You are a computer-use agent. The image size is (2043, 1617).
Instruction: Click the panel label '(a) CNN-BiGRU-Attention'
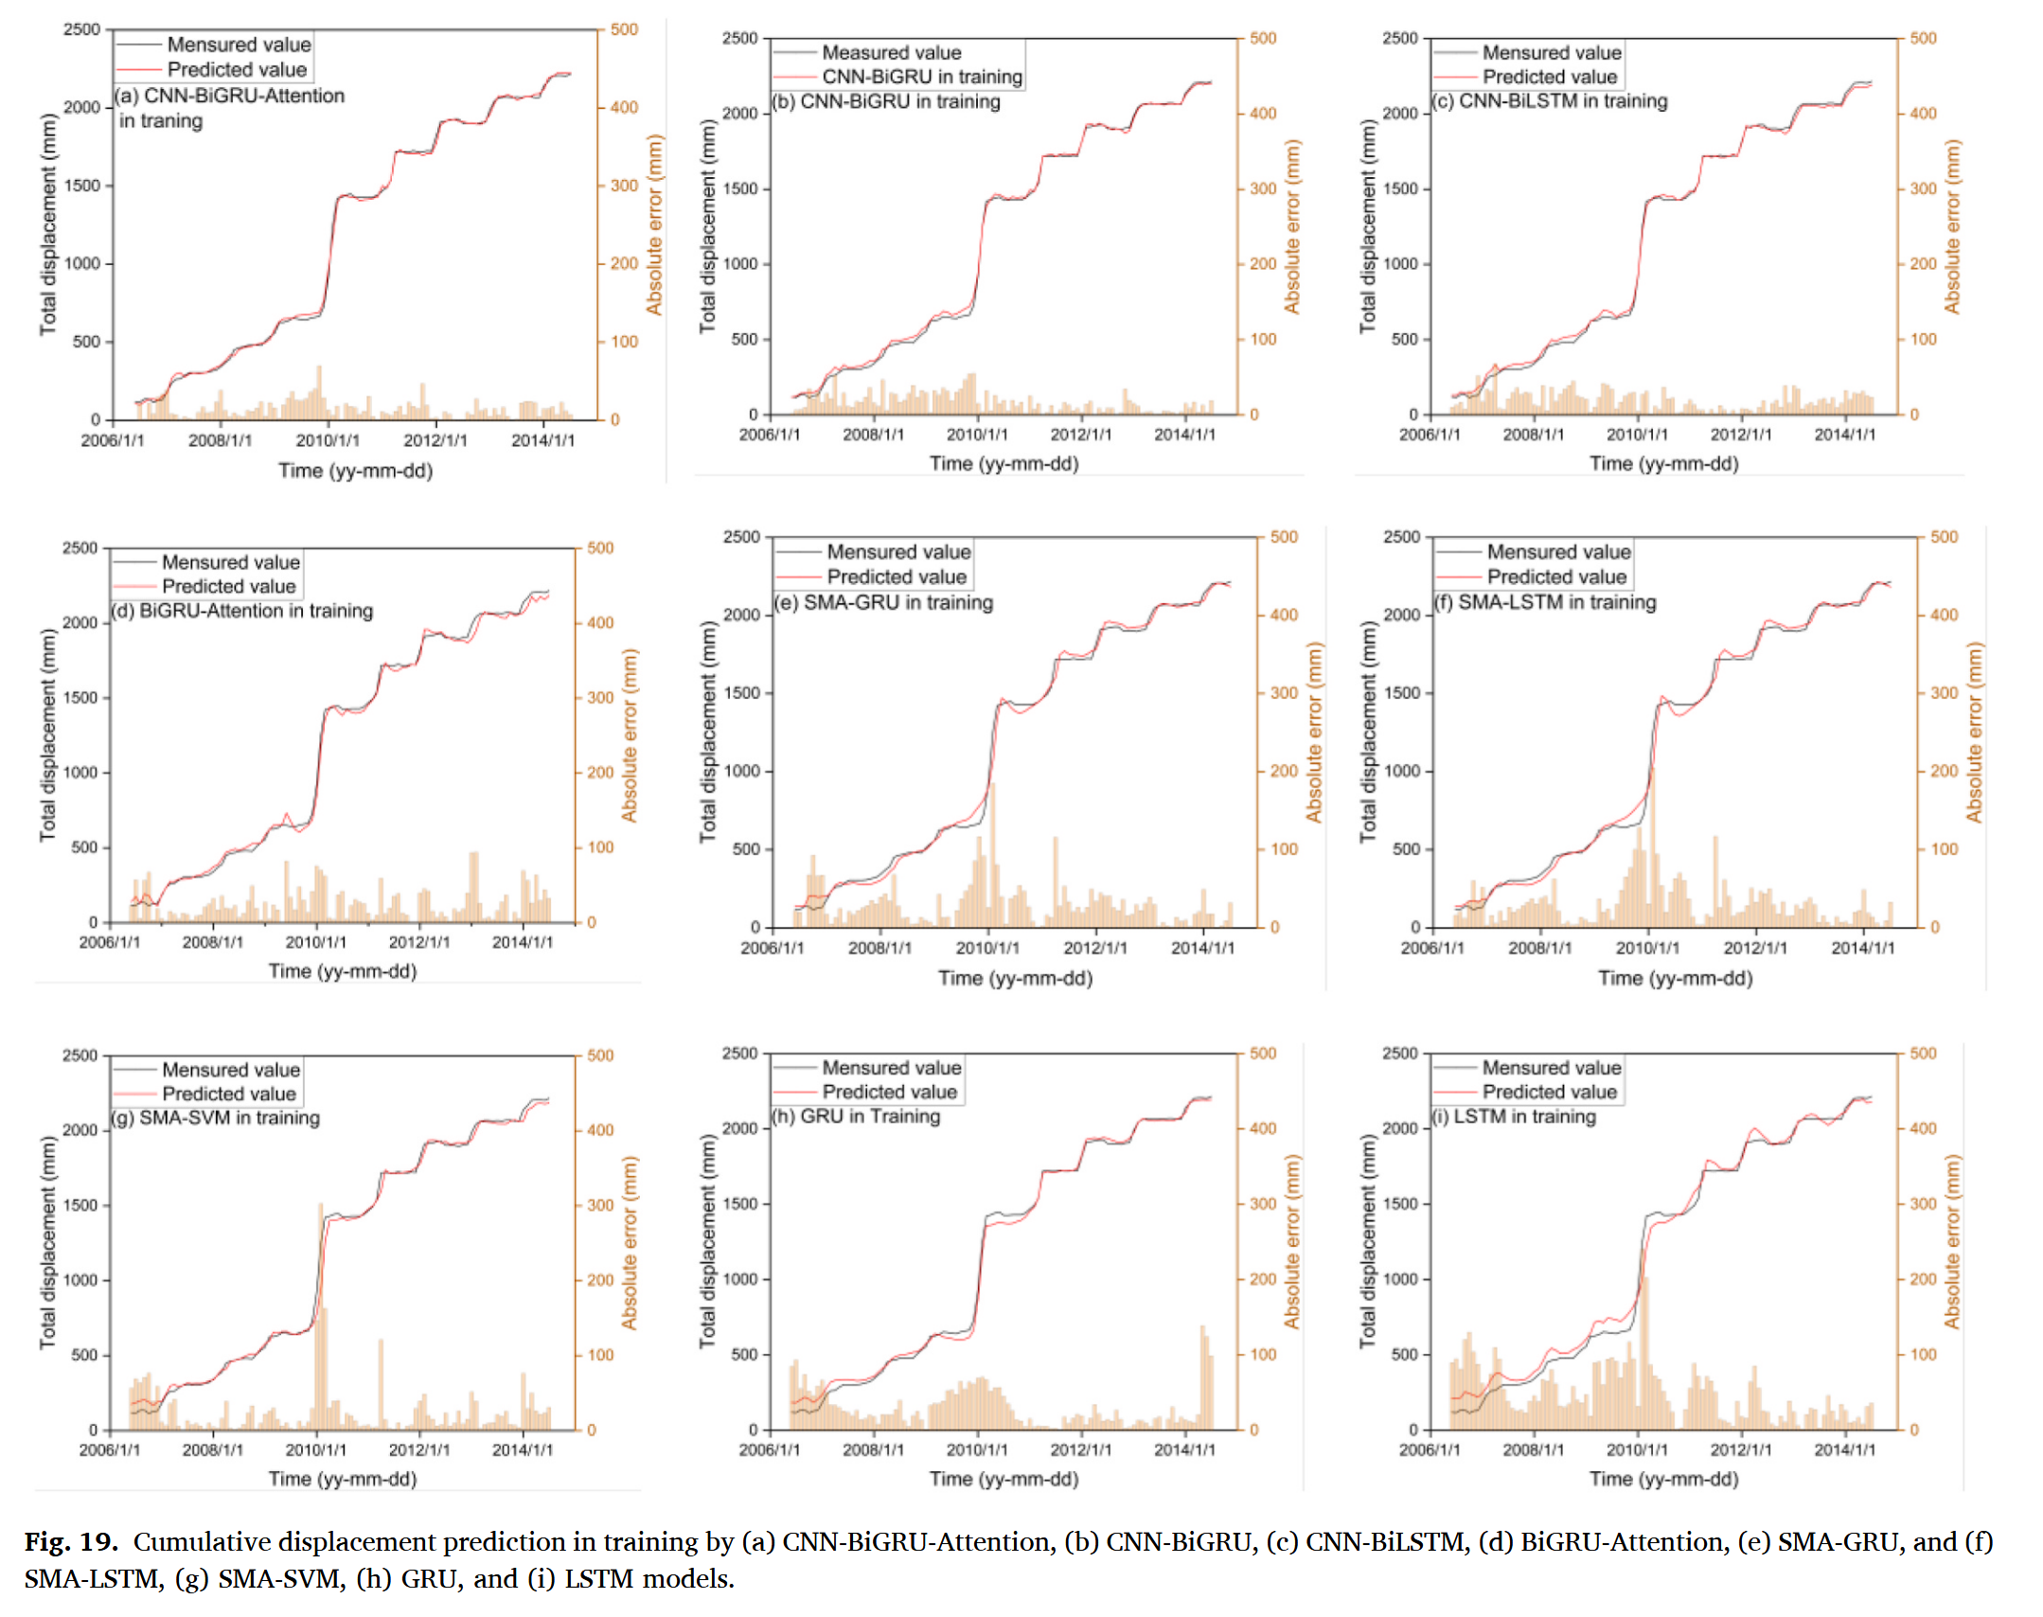pos(230,96)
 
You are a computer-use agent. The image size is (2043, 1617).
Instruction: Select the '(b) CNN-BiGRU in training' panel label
pos(886,101)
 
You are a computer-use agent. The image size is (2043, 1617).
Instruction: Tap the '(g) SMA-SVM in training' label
pos(216,1118)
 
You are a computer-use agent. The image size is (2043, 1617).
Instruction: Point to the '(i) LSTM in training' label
pos(1513,1116)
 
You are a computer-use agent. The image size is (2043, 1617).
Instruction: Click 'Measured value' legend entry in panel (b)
pos(891,52)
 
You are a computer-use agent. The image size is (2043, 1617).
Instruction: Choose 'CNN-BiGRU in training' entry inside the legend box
pos(921,77)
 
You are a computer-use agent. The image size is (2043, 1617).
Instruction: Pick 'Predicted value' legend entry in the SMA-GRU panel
pos(896,577)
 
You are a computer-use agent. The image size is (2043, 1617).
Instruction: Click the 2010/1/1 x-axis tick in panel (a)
pos(328,440)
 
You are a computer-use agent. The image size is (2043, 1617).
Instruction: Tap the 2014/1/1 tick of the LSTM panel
pos(1844,1449)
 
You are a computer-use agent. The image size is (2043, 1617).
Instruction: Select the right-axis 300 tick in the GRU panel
pos(1262,1204)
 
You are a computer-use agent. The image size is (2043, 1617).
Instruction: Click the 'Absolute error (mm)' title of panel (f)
pos(1974,733)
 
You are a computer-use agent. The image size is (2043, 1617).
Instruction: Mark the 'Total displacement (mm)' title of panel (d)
pos(47,735)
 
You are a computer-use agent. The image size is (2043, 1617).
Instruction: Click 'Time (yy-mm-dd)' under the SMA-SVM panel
pos(343,1479)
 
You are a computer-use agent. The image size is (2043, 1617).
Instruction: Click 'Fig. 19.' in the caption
pos(71,1542)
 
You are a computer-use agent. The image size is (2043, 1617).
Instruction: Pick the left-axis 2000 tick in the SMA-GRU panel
pos(741,614)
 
